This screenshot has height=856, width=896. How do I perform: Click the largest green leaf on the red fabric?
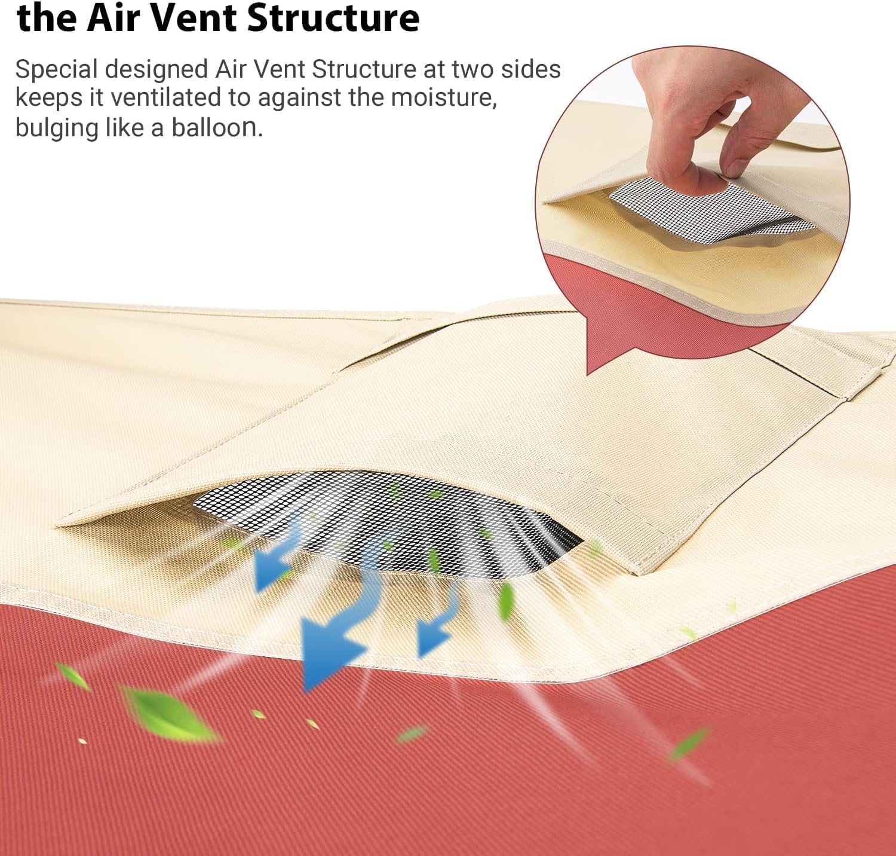pyautogui.click(x=170, y=714)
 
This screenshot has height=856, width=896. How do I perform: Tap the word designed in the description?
pyautogui.click(x=157, y=69)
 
